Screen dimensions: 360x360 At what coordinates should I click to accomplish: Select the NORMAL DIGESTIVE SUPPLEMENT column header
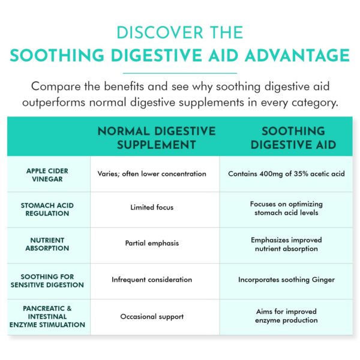pos(155,137)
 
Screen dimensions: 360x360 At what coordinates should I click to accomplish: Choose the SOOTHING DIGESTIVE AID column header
pos(285,137)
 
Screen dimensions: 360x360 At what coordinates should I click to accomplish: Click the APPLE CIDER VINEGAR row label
pos(47,174)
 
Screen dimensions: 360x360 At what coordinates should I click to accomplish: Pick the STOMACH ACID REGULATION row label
pos(47,208)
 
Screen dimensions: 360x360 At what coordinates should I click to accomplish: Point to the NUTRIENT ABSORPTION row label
pos(47,244)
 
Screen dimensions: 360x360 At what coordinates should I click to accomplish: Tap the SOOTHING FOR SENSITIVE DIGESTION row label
pos(47,280)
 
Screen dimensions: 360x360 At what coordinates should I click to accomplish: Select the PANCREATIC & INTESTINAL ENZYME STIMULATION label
pos(47,316)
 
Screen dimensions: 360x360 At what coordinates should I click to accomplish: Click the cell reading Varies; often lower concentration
pos(152,174)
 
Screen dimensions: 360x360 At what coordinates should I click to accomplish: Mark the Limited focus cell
pos(152,208)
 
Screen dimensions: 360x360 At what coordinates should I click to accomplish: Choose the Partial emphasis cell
pos(152,244)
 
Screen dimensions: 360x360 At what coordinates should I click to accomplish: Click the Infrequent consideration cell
pos(152,280)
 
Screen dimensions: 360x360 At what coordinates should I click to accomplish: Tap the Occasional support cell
pos(152,316)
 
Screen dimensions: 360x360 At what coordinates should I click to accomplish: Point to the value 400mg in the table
pos(271,174)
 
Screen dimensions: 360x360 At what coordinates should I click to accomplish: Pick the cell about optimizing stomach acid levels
pos(284,208)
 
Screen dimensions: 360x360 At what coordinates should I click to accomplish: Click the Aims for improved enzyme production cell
pos(284,316)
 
